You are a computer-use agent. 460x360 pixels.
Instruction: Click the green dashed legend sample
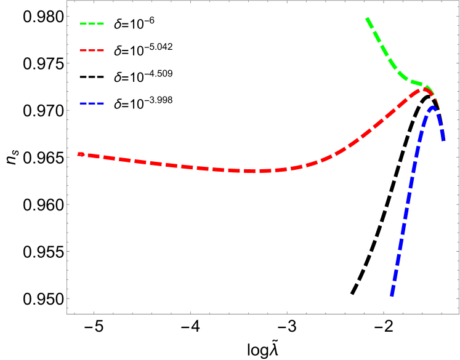(x=92, y=23)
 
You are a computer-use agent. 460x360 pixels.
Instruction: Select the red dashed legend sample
(x=92, y=50)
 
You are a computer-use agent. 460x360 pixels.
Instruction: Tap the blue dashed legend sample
(x=92, y=103)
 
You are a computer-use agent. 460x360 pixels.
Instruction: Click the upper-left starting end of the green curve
(x=368, y=18)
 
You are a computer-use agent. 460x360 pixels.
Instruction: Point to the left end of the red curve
(x=78, y=154)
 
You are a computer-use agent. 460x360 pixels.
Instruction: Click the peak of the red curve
(x=424, y=89)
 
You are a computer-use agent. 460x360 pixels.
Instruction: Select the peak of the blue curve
(x=433, y=107)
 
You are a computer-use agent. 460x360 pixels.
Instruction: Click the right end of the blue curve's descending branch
(x=443, y=141)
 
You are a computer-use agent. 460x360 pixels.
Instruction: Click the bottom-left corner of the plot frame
(x=67, y=314)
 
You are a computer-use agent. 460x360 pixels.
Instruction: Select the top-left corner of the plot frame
(x=67, y=1)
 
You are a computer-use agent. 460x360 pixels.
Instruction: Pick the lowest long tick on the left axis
(x=69, y=298)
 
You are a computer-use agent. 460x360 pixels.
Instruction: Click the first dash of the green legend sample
(x=83, y=23)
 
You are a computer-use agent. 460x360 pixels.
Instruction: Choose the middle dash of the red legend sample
(x=92, y=50)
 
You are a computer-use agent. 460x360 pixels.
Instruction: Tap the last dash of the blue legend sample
(x=100, y=103)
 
